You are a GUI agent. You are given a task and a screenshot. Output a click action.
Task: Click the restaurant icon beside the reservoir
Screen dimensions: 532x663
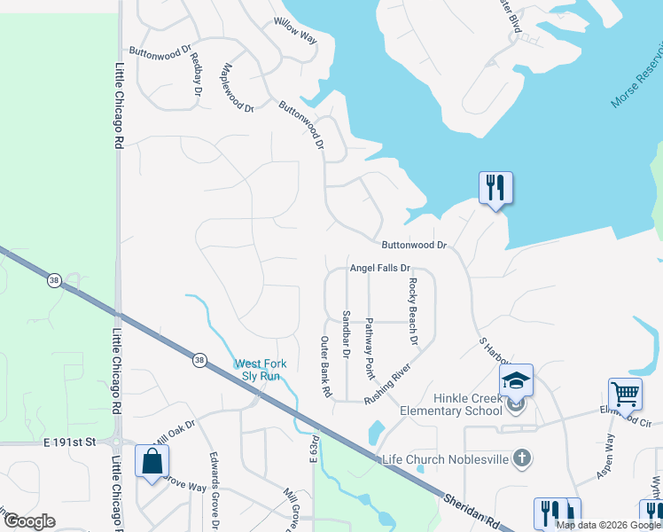495,187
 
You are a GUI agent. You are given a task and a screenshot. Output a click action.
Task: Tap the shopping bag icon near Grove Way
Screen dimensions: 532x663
152,461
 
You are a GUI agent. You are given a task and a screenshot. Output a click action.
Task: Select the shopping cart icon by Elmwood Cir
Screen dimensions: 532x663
625,393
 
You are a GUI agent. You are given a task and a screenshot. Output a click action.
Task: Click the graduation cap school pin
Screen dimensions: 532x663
516,380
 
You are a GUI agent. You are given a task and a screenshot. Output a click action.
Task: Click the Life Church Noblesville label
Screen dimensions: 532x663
446,459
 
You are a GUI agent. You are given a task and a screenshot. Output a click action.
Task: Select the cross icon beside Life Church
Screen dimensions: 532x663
523,458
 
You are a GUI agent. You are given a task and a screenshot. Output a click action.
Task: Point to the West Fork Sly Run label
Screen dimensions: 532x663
257,370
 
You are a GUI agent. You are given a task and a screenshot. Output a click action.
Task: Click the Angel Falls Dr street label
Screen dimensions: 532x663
380,268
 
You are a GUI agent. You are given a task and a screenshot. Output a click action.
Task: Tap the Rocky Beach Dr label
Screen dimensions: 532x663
412,311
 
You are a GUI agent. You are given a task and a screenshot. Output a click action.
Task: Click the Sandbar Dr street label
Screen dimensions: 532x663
346,333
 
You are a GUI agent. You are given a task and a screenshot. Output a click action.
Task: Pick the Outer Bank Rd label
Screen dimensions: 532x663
325,365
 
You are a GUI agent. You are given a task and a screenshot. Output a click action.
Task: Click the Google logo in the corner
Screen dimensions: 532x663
28,520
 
